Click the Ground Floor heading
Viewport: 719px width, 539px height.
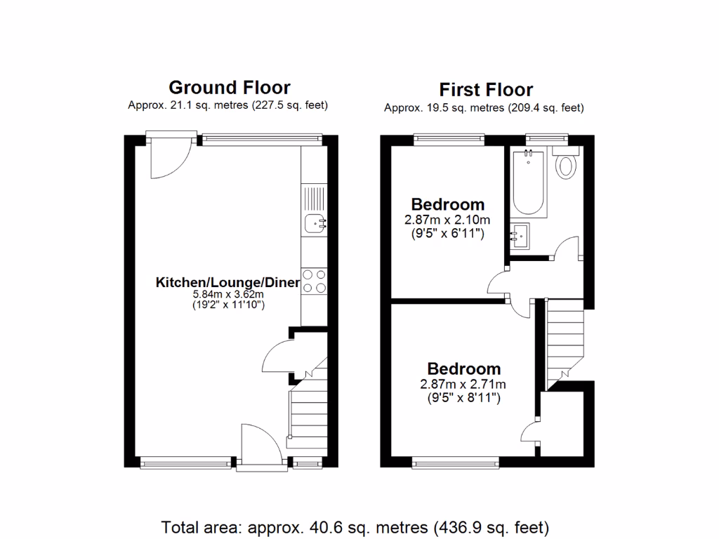click(229, 88)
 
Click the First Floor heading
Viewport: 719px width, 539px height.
click(486, 90)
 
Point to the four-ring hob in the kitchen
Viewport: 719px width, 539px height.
click(314, 281)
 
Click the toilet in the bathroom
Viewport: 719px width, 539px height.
click(565, 166)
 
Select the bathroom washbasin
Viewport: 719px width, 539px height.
click(520, 237)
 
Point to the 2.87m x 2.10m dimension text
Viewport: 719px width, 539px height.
click(447, 220)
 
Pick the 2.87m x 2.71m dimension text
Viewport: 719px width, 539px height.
click(463, 384)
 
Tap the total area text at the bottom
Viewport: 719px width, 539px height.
click(355, 526)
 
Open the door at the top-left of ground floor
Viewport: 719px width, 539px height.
click(169, 158)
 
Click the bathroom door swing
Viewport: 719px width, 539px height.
click(567, 248)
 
